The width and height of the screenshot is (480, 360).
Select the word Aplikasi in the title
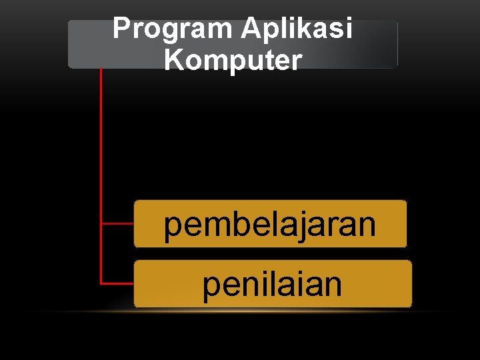click(x=297, y=29)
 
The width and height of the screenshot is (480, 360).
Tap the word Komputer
click(x=233, y=59)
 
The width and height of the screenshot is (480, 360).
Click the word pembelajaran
click(x=270, y=225)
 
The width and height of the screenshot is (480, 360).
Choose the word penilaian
click(x=272, y=285)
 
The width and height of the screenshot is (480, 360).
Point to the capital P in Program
click(x=121, y=29)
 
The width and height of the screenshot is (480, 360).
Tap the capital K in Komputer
click(x=173, y=59)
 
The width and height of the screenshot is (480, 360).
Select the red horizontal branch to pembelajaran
click(x=117, y=224)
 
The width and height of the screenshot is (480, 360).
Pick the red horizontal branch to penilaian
click(x=117, y=283)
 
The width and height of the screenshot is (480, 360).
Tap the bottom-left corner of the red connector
click(x=101, y=283)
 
